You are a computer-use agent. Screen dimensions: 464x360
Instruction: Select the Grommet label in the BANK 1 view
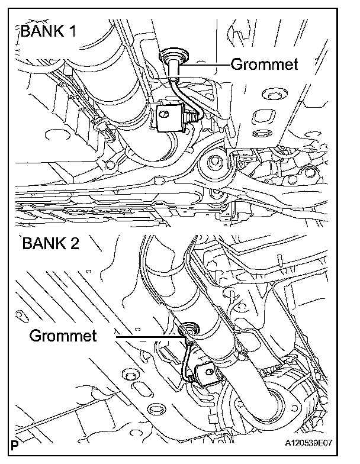coord(264,64)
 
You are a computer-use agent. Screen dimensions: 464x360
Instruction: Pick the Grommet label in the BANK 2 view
coord(62,336)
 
